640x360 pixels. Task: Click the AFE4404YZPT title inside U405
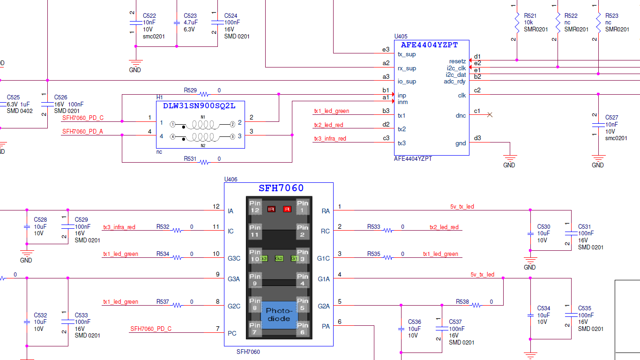(x=429, y=45)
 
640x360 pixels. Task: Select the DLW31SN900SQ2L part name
(x=199, y=106)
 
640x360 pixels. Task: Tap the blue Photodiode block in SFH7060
(x=279, y=315)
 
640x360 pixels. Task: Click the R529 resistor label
(x=190, y=90)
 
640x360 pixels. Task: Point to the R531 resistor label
(x=190, y=158)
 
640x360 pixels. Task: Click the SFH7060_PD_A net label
(x=82, y=132)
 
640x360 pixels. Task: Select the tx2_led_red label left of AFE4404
(x=328, y=125)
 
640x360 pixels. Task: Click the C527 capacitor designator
(x=611, y=118)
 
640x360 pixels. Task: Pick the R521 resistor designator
(x=530, y=15)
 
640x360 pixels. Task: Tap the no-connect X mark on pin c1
(x=490, y=114)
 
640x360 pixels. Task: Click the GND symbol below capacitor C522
(x=135, y=64)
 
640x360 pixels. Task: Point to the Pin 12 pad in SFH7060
(x=255, y=207)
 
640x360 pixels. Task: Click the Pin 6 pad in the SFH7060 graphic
(x=303, y=329)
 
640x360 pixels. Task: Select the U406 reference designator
(x=231, y=179)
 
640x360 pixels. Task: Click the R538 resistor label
(x=462, y=302)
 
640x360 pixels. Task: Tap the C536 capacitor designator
(x=414, y=322)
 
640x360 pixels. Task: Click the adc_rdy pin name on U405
(x=454, y=82)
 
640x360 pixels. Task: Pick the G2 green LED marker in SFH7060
(x=279, y=258)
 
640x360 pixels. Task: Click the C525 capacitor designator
(x=13, y=97)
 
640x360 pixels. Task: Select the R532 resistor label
(x=163, y=227)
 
